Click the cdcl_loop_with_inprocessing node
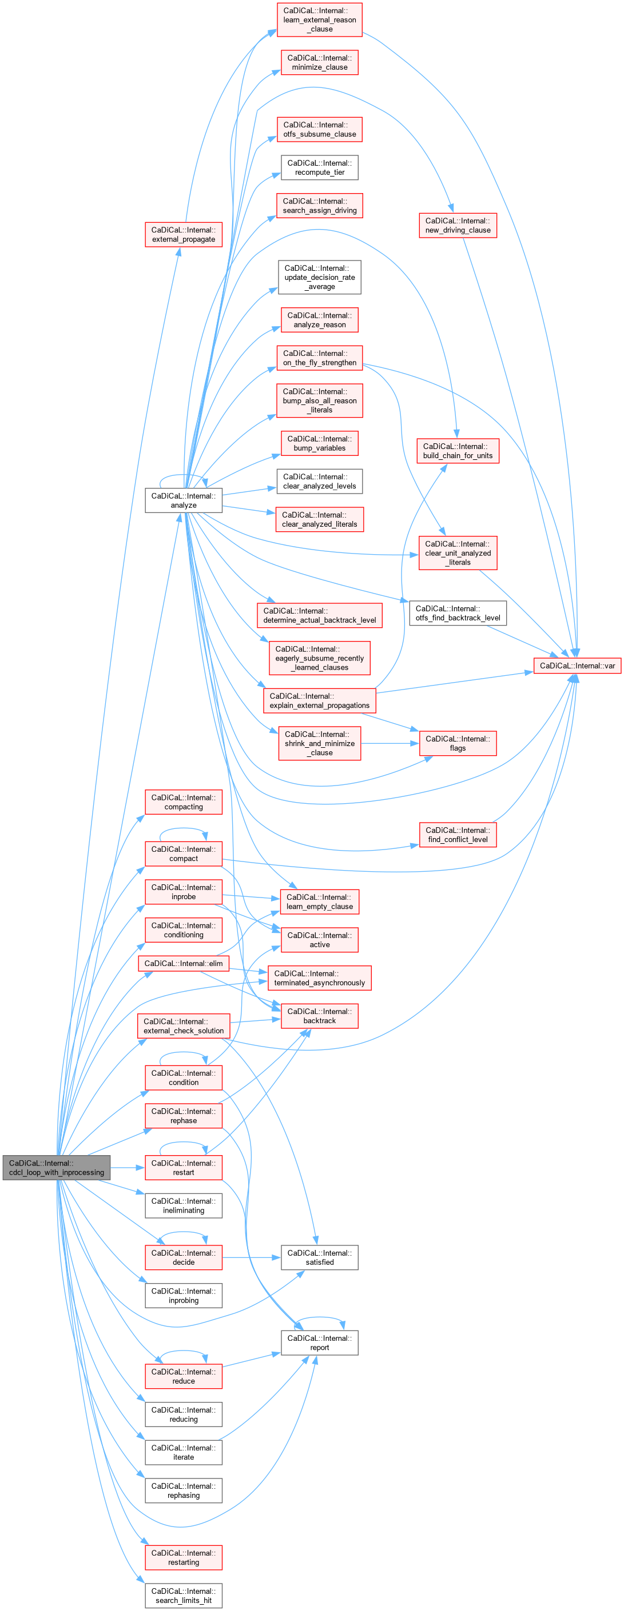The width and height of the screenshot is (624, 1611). point(56,1168)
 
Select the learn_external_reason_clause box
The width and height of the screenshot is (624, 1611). point(319,19)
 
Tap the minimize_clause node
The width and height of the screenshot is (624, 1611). point(319,62)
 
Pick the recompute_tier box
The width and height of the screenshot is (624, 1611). point(319,167)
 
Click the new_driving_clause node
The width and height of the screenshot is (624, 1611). point(458,225)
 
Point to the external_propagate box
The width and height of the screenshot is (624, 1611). point(184,235)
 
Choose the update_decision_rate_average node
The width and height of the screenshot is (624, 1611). point(319,277)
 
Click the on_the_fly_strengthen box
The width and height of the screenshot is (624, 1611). point(319,358)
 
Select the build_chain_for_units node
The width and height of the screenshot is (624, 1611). point(458,451)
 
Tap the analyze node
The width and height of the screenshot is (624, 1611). point(184,500)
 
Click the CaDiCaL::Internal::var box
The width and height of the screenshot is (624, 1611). point(577,666)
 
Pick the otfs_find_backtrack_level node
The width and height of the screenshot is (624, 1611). point(458,613)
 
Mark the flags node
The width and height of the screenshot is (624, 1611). point(458,743)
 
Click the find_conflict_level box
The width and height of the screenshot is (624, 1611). point(458,835)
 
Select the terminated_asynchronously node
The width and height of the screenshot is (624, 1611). point(319,978)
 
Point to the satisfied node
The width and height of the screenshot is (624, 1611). point(319,1257)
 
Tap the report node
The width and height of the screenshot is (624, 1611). point(319,1342)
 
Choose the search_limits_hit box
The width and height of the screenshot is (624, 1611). point(184,1596)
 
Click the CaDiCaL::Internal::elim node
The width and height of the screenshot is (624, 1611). point(184,963)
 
